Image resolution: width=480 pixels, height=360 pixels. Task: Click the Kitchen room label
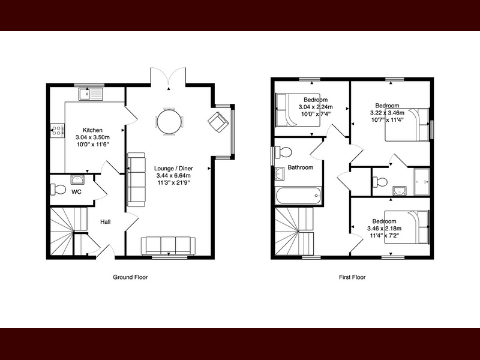pyautogui.click(x=92, y=130)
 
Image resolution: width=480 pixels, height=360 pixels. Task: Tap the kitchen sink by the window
pyautogui.click(x=91, y=94)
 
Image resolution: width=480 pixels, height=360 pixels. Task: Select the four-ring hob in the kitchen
pyautogui.click(x=57, y=130)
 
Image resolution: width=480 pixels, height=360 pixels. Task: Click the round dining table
pyautogui.click(x=169, y=122)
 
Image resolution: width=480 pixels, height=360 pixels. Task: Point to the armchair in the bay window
pyautogui.click(x=218, y=122)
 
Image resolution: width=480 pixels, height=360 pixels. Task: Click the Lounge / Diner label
pyautogui.click(x=173, y=169)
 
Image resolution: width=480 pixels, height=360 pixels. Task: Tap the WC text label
pyautogui.click(x=76, y=192)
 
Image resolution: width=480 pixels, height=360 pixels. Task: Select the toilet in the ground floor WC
pyautogui.click(x=58, y=190)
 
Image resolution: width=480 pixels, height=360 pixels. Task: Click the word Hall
pyautogui.click(x=106, y=221)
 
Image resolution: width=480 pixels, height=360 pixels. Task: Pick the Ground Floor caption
pyautogui.click(x=130, y=277)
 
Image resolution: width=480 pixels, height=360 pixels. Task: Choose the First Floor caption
pyautogui.click(x=352, y=277)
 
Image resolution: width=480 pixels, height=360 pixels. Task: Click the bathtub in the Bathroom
pyautogui.click(x=298, y=196)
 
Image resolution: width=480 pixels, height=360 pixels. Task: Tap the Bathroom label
pyautogui.click(x=301, y=167)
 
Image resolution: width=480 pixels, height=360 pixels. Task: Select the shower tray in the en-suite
pyautogui.click(x=422, y=182)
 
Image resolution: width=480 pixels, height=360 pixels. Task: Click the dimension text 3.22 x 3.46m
pyautogui.click(x=387, y=113)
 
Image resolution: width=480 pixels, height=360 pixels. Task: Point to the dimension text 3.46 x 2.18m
pyautogui.click(x=385, y=229)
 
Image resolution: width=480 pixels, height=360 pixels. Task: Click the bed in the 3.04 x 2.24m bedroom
pyautogui.click(x=298, y=110)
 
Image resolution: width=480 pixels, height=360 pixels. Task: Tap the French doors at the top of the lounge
pyautogui.click(x=168, y=76)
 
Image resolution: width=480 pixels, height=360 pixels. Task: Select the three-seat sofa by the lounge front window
pyautogui.click(x=168, y=245)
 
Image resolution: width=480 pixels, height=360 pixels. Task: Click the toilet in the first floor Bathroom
pyautogui.click(x=283, y=152)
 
